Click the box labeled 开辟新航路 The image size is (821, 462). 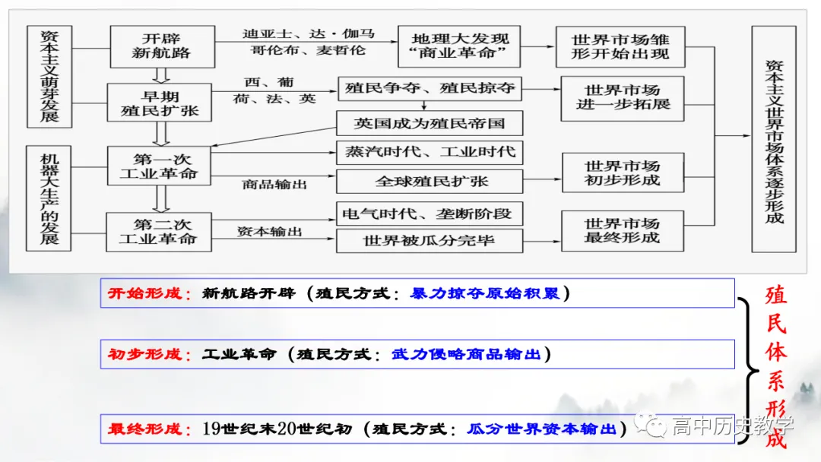160,46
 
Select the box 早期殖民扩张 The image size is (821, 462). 159,103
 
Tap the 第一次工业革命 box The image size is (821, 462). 158,166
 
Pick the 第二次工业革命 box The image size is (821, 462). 157,232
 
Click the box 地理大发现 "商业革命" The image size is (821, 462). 461,46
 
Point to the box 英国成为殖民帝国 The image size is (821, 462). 430,123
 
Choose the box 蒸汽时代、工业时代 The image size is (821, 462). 430,151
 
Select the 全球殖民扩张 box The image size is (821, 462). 430,182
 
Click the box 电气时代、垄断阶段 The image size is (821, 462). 430,214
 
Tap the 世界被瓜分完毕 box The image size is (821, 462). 430,242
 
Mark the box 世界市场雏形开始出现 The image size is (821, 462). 621,46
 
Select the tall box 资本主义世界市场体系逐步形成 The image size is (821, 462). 774,139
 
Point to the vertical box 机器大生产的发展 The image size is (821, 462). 49,198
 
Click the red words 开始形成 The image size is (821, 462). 150,293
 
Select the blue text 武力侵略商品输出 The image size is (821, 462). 467,354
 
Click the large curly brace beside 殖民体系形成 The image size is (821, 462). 748,369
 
